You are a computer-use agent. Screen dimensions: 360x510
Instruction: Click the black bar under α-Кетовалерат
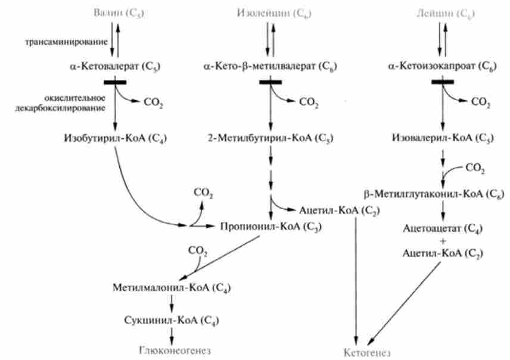pyautogui.click(x=117, y=82)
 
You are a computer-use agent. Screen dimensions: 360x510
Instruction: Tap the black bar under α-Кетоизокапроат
pyautogui.click(x=443, y=82)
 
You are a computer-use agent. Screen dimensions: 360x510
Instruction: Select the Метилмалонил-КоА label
pyautogui.click(x=172, y=287)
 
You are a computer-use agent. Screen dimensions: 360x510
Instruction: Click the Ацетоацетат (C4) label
pyautogui.click(x=442, y=228)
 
